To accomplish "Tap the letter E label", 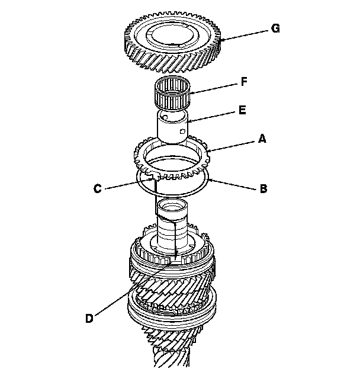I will point(243,110).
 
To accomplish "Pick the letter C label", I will point(97,189).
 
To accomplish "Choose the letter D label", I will point(89,318).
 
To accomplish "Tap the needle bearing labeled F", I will point(172,95).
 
